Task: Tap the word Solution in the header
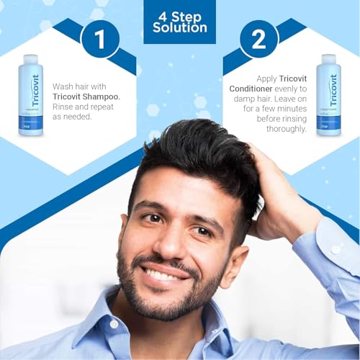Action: pyautogui.click(x=180, y=27)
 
